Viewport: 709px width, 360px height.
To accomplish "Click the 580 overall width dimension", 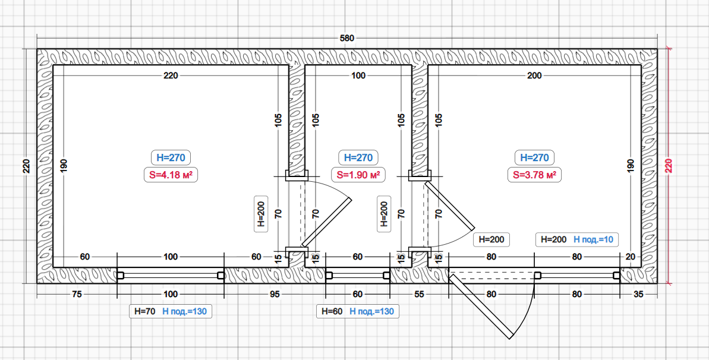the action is click(x=347, y=39).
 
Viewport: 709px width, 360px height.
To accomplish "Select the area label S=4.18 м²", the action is click(x=171, y=175).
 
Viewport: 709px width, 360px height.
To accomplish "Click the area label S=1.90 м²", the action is click(x=358, y=175).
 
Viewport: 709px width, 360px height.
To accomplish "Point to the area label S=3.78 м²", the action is click(x=534, y=175).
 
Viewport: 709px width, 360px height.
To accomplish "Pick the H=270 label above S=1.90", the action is click(x=358, y=157).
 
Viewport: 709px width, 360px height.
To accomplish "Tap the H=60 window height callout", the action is click(x=332, y=311).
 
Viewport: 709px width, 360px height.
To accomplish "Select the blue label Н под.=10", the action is click(x=593, y=239).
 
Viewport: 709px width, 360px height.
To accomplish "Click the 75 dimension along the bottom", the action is click(x=77, y=294).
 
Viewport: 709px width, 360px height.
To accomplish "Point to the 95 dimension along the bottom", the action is click(x=275, y=294).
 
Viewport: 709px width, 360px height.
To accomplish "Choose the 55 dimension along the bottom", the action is click(x=419, y=294).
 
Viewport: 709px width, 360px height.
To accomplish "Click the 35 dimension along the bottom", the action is click(x=638, y=294).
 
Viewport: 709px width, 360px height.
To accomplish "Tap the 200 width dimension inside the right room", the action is click(x=534, y=76).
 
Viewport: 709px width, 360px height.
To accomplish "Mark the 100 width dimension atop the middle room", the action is click(x=358, y=76).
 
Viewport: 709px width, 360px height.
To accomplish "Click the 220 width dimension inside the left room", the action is click(x=171, y=76).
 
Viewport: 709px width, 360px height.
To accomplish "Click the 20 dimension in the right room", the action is click(x=631, y=257).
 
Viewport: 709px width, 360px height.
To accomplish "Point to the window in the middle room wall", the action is click(x=358, y=276).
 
